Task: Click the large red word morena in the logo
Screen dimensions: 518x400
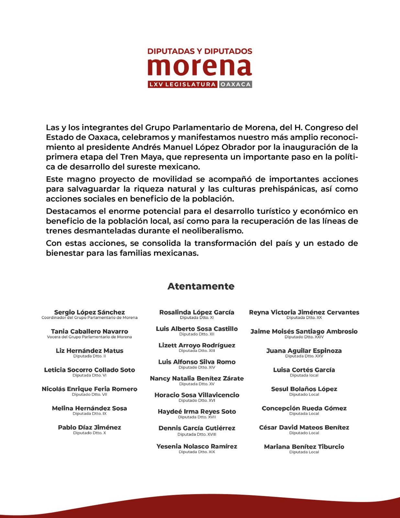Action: (200, 67)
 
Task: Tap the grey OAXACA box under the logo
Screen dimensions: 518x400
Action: (235, 84)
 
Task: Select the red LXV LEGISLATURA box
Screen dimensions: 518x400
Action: (183, 84)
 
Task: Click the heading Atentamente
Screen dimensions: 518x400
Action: (201, 286)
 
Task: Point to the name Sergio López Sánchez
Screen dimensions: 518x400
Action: (89, 312)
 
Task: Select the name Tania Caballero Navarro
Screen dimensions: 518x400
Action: (89, 332)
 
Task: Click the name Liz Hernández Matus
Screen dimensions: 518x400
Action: (89, 351)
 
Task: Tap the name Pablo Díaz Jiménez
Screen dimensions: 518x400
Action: (89, 427)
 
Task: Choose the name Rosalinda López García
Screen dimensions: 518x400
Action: (197, 312)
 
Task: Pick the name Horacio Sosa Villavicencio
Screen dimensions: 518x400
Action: (197, 395)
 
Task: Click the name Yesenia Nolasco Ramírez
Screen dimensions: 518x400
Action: (197, 446)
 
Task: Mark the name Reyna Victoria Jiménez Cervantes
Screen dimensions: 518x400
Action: (304, 312)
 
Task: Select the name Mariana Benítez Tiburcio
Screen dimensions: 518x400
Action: (304, 447)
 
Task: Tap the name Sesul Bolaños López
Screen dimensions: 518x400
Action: (304, 389)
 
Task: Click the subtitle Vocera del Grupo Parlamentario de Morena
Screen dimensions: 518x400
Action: (89, 337)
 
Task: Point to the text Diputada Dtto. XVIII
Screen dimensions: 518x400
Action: (197, 434)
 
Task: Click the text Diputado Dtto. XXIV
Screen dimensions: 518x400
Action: (304, 337)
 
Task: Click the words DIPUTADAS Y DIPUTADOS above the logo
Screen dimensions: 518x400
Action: (200, 51)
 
